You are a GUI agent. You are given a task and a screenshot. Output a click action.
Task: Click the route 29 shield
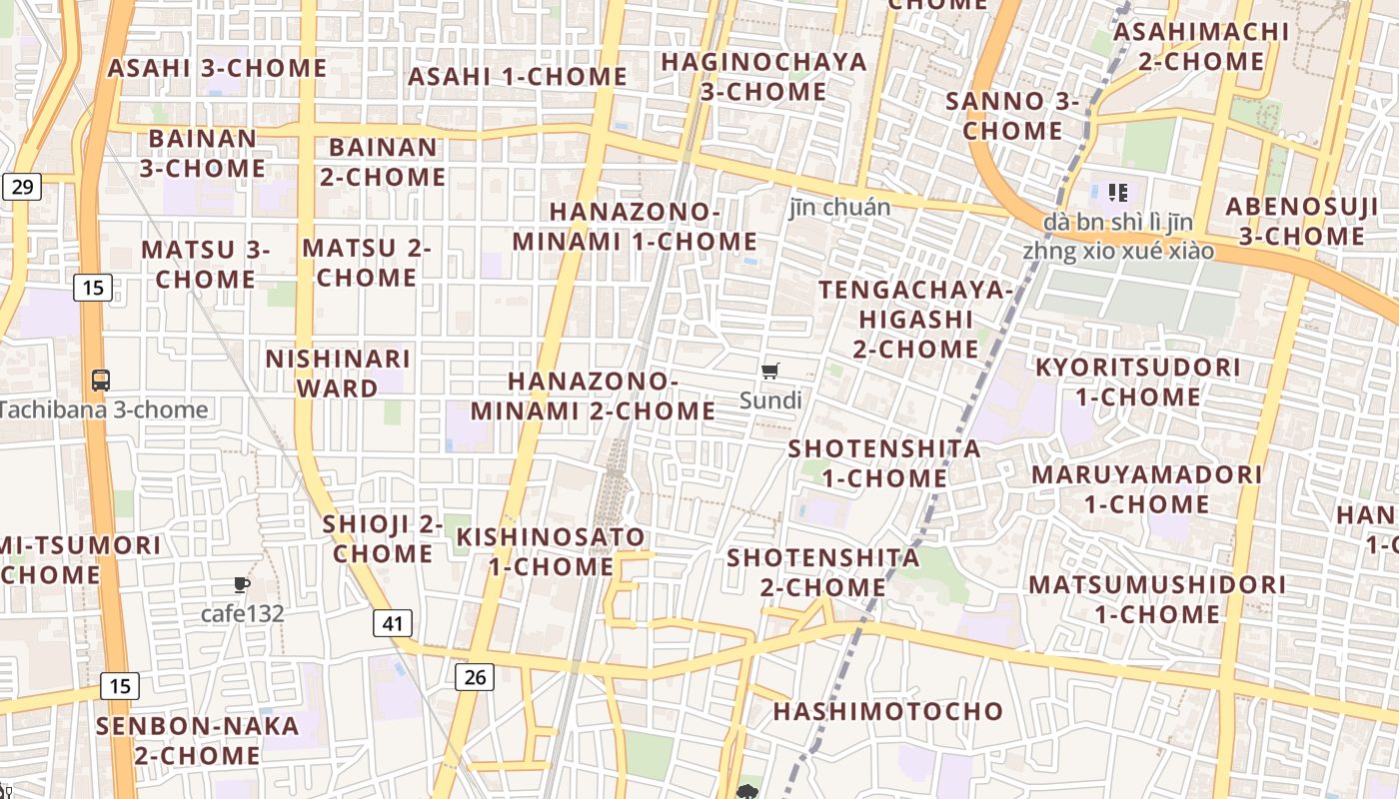coord(22,186)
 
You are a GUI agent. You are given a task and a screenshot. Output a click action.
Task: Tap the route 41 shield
coord(393,624)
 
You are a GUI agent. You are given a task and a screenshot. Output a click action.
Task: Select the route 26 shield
coord(475,677)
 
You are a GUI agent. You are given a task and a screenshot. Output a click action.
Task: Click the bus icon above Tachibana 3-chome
coord(101,380)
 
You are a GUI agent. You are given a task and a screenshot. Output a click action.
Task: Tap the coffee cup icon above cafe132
coord(241,584)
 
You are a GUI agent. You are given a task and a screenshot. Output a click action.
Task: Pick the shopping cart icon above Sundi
coord(769,372)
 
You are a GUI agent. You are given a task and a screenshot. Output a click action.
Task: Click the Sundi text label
coord(770,400)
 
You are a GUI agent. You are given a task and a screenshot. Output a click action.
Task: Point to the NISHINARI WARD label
coord(338,373)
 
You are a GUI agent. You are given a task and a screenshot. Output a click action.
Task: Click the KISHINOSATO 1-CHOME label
coord(551,551)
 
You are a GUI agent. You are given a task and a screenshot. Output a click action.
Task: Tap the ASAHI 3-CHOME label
coord(218,68)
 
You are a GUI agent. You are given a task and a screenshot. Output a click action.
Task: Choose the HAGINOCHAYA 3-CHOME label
coord(764,76)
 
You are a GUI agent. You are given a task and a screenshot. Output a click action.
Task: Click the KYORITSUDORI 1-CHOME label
coord(1137,382)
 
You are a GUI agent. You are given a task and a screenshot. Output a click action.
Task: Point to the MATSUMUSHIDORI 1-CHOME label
coord(1157,598)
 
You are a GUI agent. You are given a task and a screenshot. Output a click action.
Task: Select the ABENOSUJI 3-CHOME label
coord(1302,221)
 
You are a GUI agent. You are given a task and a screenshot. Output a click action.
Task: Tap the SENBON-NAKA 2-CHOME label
coord(198,740)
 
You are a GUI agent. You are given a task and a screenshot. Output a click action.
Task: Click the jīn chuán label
coord(839,207)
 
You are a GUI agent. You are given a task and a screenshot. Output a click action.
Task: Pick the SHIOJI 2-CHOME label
coord(383,538)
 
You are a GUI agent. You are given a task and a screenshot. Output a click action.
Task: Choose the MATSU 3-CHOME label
coord(205,264)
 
